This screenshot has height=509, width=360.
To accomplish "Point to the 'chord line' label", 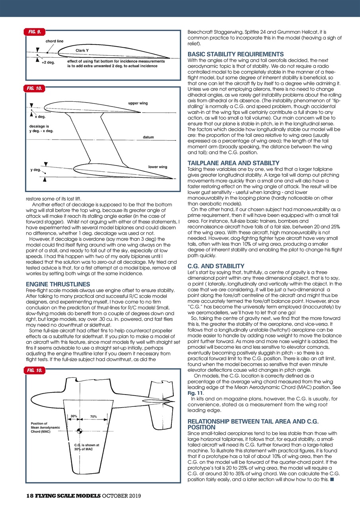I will tap(54, 41).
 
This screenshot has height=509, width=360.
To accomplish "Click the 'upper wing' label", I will tap(138, 103).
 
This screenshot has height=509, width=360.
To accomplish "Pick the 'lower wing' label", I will tap(158, 167).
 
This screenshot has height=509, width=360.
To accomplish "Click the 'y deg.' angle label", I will tap(36, 170).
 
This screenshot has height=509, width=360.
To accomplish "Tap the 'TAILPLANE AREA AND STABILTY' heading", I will tap(233, 163).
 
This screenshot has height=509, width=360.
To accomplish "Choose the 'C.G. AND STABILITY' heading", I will tap(216, 265).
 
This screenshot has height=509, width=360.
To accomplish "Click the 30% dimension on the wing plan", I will tap(74, 416).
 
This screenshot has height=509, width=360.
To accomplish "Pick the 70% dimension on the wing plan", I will tap(93, 416).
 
